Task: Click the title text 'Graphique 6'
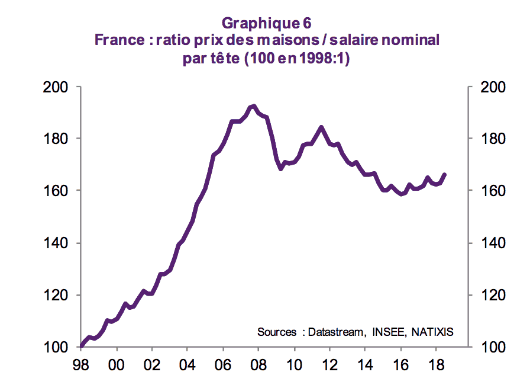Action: [x=266, y=23]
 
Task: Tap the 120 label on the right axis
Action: [x=488, y=295]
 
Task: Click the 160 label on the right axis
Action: [x=488, y=191]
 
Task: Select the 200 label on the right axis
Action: [x=488, y=87]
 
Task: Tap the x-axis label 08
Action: [x=258, y=363]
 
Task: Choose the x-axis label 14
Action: [x=364, y=363]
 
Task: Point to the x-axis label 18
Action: [x=435, y=363]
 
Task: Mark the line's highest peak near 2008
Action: [x=253, y=107]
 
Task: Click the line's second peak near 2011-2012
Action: [x=321, y=127]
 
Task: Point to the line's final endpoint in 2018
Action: [x=445, y=174]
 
